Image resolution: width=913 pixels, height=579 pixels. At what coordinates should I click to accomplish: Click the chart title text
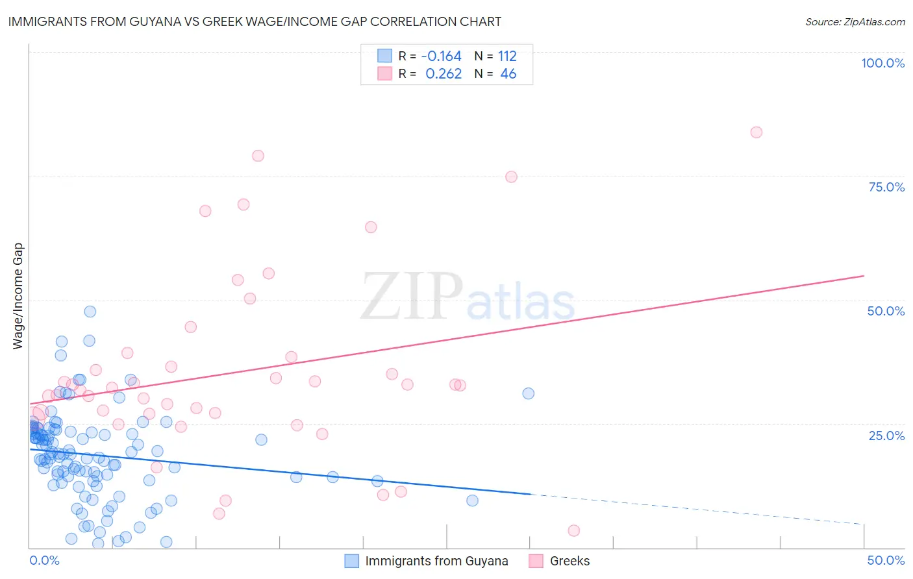pyautogui.click(x=255, y=21)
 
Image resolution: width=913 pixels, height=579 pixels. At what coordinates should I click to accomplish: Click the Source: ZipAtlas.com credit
pyautogui.click(x=855, y=21)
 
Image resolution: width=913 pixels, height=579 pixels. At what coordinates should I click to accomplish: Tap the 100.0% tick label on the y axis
pyautogui.click(x=882, y=63)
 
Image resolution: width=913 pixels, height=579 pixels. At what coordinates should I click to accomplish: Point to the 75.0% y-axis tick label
pyautogui.click(x=886, y=187)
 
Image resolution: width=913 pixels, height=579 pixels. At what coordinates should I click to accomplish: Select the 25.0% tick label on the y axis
pyautogui.click(x=886, y=436)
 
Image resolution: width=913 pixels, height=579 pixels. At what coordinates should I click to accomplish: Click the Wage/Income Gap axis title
pyautogui.click(x=18, y=296)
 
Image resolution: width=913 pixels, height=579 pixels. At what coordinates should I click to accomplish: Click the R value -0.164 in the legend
pyautogui.click(x=442, y=56)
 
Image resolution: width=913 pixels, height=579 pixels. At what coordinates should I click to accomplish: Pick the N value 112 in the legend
pyautogui.click(x=507, y=56)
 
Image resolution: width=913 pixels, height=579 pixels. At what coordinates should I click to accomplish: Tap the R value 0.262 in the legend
pyautogui.click(x=444, y=74)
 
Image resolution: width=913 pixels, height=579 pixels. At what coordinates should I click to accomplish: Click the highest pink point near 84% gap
pyautogui.click(x=756, y=132)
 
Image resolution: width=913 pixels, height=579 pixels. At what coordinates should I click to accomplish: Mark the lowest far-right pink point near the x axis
pyautogui.click(x=573, y=531)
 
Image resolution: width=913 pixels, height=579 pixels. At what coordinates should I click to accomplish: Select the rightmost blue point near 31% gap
pyautogui.click(x=529, y=393)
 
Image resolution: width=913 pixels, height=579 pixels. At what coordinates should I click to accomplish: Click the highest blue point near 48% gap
pyautogui.click(x=90, y=312)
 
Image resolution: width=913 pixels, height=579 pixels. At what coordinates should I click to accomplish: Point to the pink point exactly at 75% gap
pyautogui.click(x=511, y=177)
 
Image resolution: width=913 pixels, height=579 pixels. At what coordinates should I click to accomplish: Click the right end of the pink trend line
pyautogui.click(x=864, y=276)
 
